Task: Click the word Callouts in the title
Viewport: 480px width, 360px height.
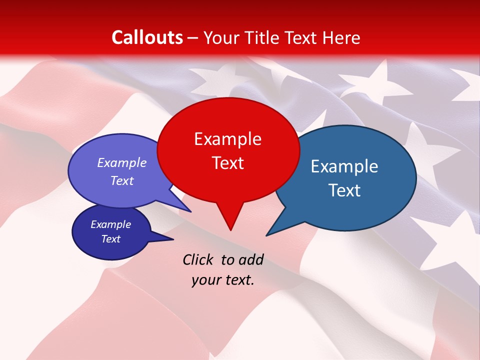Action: [147, 37]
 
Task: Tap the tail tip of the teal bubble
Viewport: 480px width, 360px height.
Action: [268, 234]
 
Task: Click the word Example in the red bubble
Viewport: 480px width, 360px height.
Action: [228, 139]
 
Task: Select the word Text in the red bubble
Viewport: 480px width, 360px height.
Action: [228, 163]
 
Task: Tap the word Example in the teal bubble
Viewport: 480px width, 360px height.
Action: [344, 166]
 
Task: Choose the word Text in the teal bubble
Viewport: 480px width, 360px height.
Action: [345, 190]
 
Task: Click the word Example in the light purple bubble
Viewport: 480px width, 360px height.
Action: [122, 163]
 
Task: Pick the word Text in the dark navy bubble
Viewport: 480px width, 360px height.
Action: [111, 239]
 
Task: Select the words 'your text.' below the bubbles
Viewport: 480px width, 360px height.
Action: [223, 280]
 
